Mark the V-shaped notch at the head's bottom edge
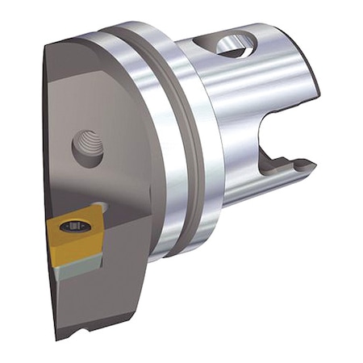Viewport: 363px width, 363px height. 77,332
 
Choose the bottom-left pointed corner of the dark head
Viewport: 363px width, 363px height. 59,338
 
